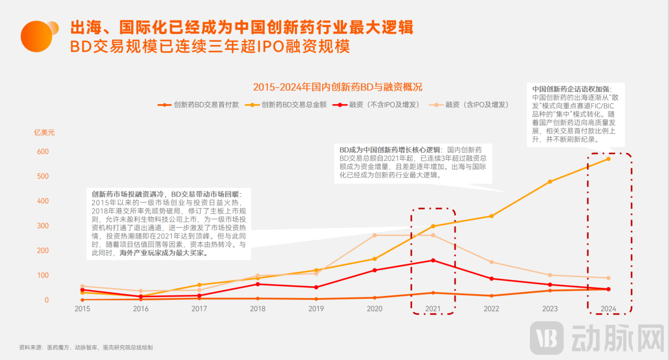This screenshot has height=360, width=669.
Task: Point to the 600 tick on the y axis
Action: [x=42, y=152]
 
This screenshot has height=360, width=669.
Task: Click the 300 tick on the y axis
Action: [x=42, y=226]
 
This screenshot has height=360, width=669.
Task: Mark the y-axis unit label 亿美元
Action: [x=44, y=132]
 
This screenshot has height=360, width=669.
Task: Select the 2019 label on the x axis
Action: [x=316, y=309]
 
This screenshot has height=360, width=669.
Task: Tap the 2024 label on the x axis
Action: [x=608, y=309]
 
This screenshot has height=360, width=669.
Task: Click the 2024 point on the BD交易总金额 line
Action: [x=608, y=159]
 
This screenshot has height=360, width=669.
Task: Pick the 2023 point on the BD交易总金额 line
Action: [x=550, y=182]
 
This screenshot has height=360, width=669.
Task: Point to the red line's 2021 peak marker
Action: [x=433, y=260]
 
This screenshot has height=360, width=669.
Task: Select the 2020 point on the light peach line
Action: [x=374, y=235]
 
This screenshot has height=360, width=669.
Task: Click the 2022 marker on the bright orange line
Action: [x=491, y=216]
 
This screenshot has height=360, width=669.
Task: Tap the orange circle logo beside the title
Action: [x=37, y=37]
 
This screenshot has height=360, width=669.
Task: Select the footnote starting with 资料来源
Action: [x=86, y=347]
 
